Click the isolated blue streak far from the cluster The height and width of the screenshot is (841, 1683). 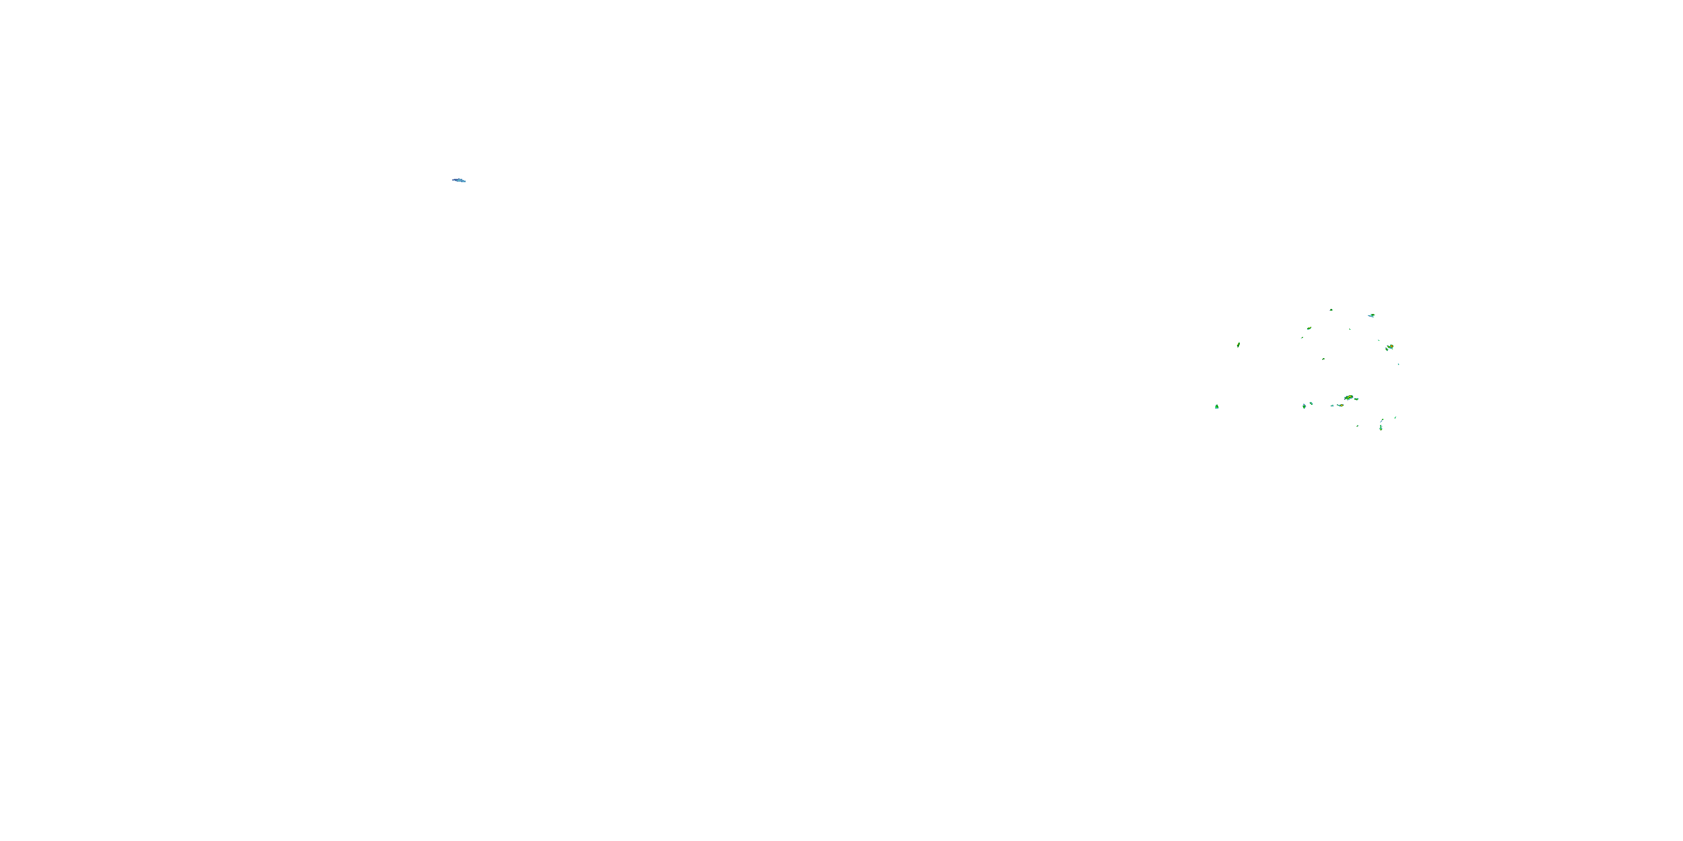tap(459, 180)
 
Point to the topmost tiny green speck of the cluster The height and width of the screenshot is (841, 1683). tap(1331, 309)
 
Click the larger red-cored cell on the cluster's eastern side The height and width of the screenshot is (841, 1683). tap(1390, 346)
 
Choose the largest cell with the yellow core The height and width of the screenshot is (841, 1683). tap(1349, 398)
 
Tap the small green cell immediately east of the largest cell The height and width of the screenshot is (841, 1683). tap(1357, 399)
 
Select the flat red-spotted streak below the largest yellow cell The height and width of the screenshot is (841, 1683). tap(1340, 405)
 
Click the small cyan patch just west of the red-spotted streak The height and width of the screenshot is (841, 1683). tap(1332, 405)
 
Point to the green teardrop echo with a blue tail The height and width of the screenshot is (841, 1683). tap(1304, 406)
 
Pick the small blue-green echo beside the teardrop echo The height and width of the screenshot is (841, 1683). tap(1310, 404)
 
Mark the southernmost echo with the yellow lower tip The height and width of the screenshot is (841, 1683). tap(1381, 428)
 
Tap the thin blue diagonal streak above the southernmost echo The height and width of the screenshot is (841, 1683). tap(1382, 421)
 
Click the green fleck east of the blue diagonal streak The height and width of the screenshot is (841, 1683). tap(1396, 417)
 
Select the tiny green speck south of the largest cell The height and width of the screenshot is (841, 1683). tap(1358, 426)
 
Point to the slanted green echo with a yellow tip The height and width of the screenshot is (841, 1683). tap(1309, 329)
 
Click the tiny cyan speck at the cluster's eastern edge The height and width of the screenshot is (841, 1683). tap(1398, 364)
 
